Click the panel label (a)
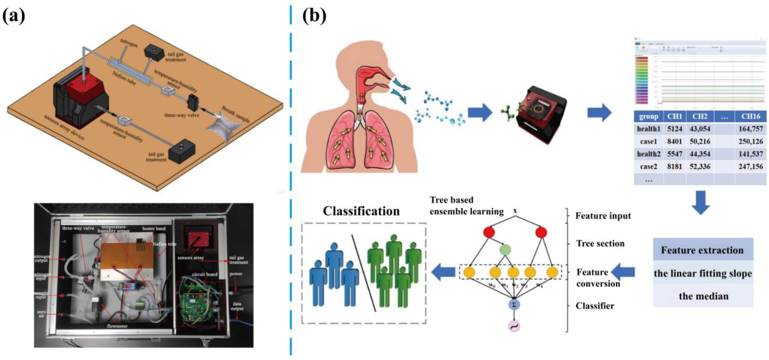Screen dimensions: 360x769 coord(14,16)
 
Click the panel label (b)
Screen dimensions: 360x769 coord(314,16)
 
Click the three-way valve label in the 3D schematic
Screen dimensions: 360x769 coord(182,115)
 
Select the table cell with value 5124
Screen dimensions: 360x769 coord(674,129)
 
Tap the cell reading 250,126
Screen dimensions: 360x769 coord(750,141)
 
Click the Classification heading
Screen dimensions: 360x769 coord(361,211)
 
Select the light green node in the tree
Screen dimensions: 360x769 coord(505,250)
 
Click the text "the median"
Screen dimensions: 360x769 coord(703,296)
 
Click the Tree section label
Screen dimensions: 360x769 coord(600,244)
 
